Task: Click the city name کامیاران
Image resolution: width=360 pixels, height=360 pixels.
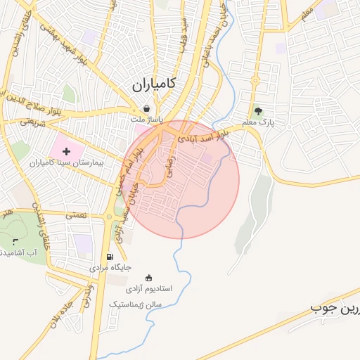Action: coord(153,86)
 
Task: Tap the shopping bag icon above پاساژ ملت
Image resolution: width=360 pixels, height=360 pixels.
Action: coord(146,109)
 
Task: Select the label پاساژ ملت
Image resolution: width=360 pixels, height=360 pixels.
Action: coord(146,120)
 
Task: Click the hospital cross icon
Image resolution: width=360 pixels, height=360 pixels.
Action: coord(66,151)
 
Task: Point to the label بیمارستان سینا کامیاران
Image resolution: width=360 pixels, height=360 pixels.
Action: coord(66,162)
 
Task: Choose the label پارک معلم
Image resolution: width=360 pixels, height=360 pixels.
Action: coord(258,122)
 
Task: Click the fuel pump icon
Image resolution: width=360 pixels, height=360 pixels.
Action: coord(109,257)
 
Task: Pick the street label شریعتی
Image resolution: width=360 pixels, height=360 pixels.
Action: coord(32,122)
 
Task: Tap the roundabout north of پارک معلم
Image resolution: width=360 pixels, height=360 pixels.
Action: coord(255,79)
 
